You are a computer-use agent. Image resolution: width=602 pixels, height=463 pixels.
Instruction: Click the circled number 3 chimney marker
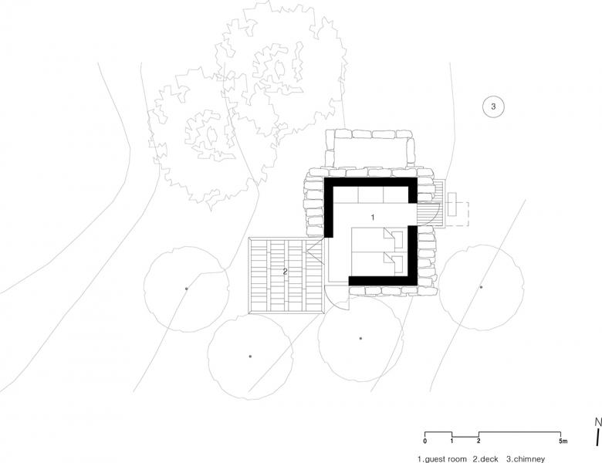point(493,106)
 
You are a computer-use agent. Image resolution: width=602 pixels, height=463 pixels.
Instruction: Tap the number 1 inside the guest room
point(373,218)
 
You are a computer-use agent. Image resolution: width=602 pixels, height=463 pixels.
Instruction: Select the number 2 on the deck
point(285,272)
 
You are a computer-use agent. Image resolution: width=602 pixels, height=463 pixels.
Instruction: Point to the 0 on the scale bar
point(424,441)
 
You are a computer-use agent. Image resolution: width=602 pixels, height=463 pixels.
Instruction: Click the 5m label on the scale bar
point(563,441)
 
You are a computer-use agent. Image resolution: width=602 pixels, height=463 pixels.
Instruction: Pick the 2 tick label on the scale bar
point(479,441)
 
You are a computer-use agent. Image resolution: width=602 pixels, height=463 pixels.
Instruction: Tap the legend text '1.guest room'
point(442,459)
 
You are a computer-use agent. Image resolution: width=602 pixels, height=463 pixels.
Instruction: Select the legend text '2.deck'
point(485,459)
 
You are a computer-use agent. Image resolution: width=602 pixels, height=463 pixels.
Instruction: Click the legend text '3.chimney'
point(526,459)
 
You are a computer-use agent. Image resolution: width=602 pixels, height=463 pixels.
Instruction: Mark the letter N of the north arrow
point(598,422)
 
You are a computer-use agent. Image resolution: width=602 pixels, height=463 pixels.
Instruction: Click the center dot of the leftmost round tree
point(187,289)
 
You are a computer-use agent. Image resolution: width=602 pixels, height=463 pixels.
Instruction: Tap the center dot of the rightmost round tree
point(481,287)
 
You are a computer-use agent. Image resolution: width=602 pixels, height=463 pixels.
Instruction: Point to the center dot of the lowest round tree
point(250,357)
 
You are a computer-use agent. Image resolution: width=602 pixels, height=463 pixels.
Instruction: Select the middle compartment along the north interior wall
point(370,194)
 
